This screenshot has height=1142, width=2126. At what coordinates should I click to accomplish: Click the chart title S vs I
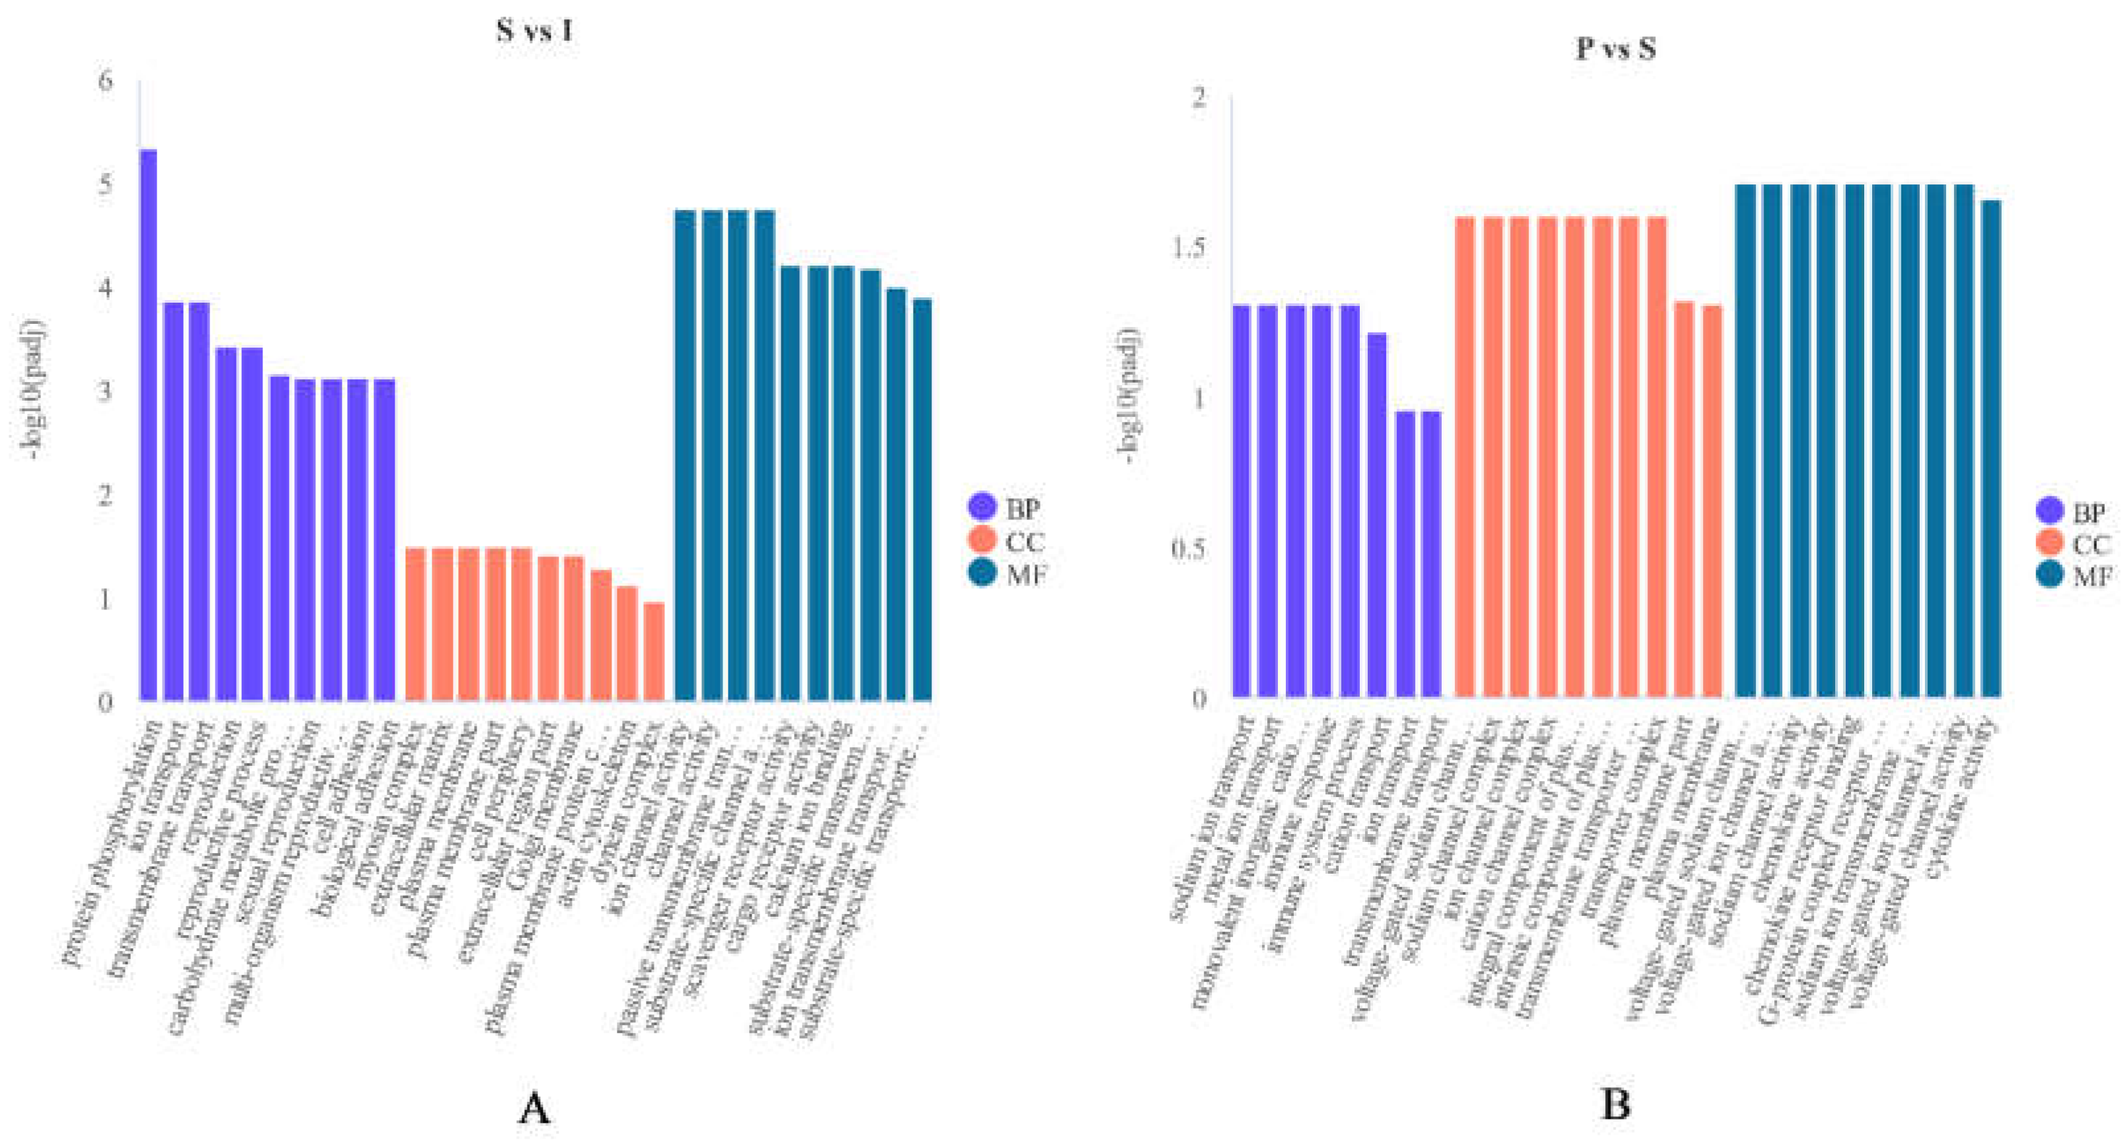(x=534, y=31)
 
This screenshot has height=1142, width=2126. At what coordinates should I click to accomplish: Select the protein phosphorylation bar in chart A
(x=149, y=425)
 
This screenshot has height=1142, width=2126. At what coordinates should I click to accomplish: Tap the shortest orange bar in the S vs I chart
(x=654, y=651)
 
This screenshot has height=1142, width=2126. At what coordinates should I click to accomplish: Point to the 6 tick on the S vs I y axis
(x=105, y=81)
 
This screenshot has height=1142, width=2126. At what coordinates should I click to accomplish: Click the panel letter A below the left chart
(x=534, y=1108)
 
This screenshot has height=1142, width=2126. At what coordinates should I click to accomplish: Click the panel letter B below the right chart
(x=1615, y=1105)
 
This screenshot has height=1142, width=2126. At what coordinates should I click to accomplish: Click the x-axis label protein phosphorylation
(x=112, y=842)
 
